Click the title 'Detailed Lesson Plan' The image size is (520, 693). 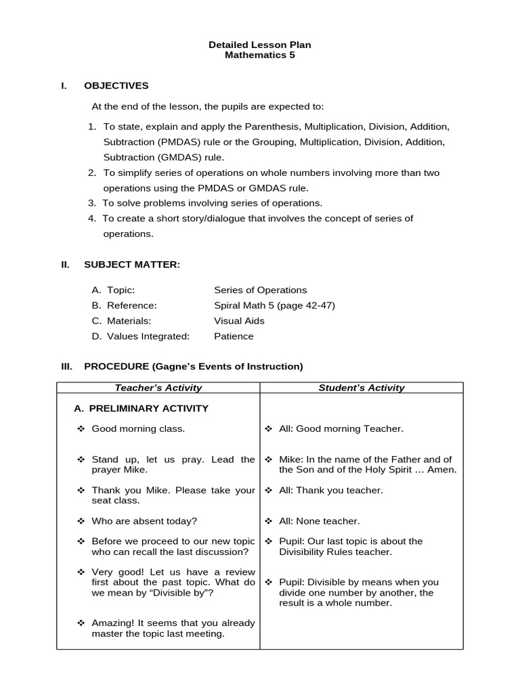tap(259, 45)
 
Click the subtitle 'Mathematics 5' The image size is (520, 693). tap(259, 55)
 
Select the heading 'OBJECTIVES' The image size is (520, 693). tap(116, 86)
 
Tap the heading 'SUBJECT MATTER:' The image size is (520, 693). tap(132, 265)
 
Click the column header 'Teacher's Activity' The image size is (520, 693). tap(158, 388)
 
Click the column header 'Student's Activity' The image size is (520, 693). tap(362, 388)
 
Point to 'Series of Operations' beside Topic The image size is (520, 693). tap(260, 290)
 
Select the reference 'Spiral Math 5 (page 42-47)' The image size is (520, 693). tap(274, 305)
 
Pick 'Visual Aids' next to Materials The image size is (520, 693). tap(239, 321)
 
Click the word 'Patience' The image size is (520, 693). tap(234, 336)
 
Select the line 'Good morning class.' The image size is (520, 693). tap(138, 428)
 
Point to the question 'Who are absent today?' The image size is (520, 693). tap(144, 521)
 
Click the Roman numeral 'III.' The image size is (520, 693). tap(66, 367)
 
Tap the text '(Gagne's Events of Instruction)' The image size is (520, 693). tap(227, 367)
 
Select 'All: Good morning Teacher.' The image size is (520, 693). tap(341, 428)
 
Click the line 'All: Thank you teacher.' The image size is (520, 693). tap(330, 490)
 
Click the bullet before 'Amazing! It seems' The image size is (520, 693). tap(81, 623)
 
